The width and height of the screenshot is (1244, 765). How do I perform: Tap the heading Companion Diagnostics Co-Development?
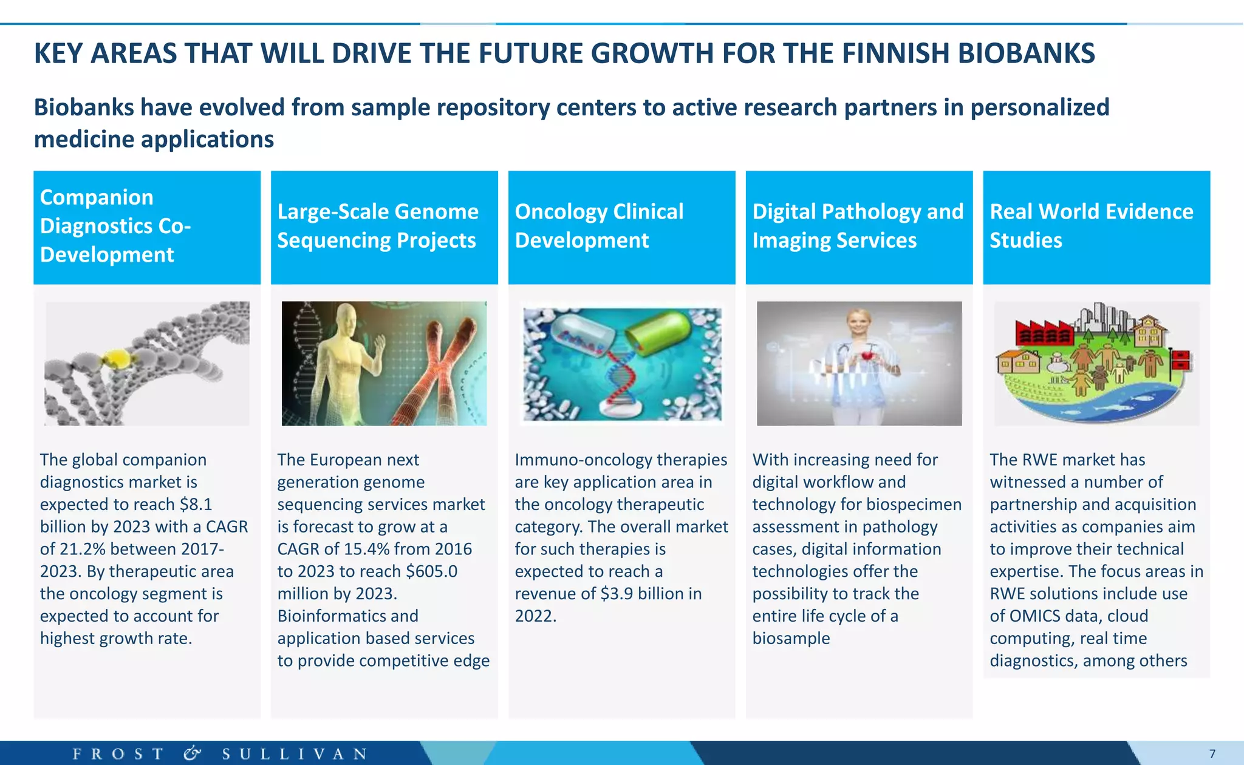pos(115,226)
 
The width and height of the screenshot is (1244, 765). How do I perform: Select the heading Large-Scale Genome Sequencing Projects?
pos(378,226)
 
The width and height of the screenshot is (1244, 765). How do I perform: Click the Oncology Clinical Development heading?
pos(599,226)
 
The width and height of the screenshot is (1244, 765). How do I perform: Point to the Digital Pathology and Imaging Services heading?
pos(858,226)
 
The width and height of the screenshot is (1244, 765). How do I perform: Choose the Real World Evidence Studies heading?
pos(1091,226)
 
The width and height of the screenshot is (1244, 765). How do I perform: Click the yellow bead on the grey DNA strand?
pos(117,358)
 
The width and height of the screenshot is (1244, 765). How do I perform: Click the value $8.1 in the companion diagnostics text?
pos(196,505)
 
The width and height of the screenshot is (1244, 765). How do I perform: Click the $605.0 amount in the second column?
pos(431,571)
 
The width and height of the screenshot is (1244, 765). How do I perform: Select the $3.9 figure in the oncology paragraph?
pos(616,594)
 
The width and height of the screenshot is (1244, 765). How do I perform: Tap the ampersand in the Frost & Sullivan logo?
pos(192,753)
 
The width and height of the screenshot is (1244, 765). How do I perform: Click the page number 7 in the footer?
pos(1212,754)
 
